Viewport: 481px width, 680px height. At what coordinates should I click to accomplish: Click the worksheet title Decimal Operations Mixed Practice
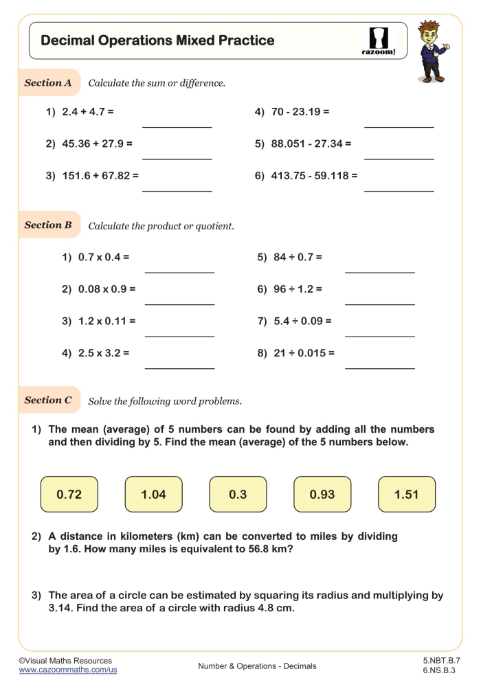[157, 41]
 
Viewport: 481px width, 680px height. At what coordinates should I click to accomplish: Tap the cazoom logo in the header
[379, 41]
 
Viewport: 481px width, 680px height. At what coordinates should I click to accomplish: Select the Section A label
[48, 83]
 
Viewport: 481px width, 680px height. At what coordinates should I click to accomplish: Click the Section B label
[48, 225]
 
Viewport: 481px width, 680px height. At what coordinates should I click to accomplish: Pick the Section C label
[48, 400]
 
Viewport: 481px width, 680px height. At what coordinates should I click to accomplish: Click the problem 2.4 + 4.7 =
[80, 111]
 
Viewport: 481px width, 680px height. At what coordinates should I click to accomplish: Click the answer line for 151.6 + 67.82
[177, 190]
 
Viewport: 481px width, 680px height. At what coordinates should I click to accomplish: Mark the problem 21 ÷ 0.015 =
[295, 353]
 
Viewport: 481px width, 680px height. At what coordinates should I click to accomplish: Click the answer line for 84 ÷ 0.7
[379, 272]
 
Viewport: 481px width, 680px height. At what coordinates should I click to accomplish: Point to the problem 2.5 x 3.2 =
[96, 353]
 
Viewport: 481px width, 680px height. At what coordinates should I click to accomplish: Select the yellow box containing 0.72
[69, 495]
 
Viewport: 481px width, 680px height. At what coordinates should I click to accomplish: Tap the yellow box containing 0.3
[238, 495]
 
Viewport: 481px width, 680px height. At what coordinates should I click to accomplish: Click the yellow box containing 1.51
[406, 495]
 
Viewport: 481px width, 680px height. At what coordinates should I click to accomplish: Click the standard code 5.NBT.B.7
[442, 660]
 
